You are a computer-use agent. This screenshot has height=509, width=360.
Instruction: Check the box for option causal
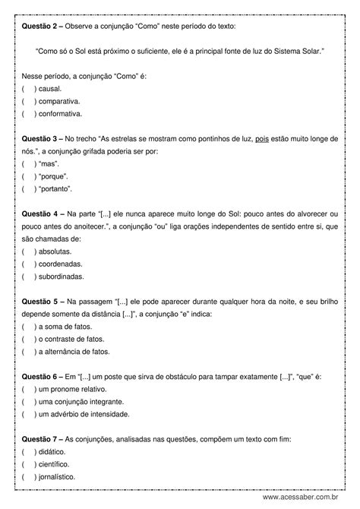click(28, 88)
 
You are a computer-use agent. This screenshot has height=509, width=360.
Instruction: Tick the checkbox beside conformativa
click(28, 114)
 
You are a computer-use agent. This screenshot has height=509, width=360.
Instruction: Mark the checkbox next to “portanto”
click(28, 188)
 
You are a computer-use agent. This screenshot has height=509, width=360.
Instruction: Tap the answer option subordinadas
click(28, 277)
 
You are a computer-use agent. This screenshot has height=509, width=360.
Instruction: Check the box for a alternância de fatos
click(28, 351)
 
